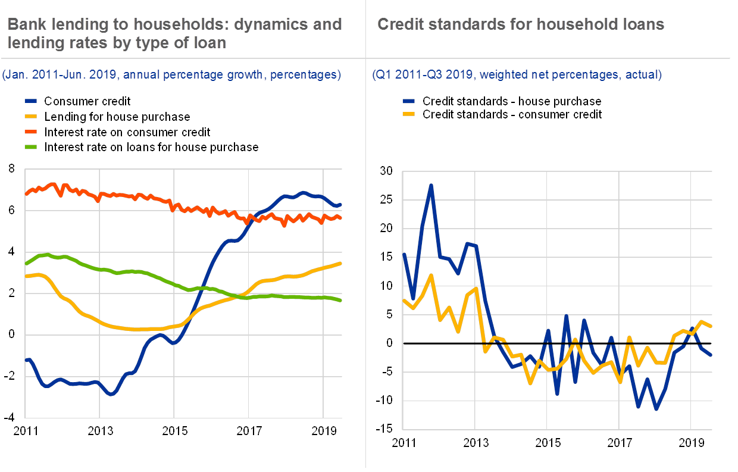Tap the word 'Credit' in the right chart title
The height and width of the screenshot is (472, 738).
point(400,24)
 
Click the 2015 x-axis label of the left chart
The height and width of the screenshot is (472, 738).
point(174,430)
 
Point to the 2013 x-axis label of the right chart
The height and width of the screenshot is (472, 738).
point(475,443)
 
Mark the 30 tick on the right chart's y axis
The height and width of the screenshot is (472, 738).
point(387,171)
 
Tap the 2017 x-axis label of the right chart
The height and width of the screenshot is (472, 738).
point(619,443)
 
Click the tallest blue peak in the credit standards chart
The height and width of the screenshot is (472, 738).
point(430,185)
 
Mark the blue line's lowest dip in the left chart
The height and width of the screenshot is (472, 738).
point(110,395)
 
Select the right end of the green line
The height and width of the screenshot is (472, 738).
point(340,301)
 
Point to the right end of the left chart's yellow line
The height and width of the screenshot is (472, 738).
point(340,263)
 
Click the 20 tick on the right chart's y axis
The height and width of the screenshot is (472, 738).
point(387,229)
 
